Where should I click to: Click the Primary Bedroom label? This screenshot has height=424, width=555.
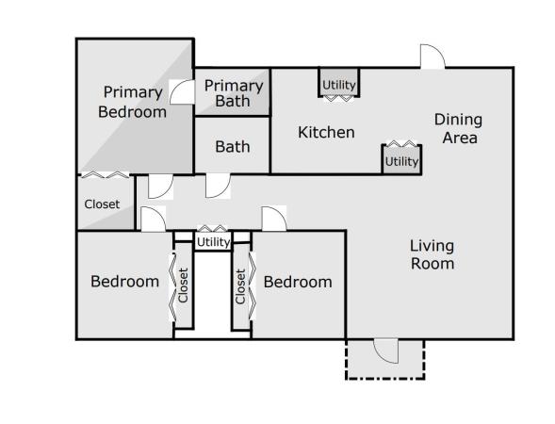[x=132, y=102]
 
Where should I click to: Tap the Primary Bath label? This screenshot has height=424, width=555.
[x=234, y=93]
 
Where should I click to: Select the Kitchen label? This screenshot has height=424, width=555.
[x=326, y=132]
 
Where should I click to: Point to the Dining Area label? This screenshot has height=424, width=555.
[x=458, y=128]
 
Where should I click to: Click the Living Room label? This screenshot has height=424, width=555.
[x=433, y=254]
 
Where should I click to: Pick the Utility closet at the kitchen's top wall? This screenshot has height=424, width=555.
[x=339, y=83]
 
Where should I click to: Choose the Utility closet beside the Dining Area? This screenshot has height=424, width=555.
[x=401, y=159]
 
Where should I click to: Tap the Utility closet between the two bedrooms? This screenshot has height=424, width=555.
[x=213, y=241]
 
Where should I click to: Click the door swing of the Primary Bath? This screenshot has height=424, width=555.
[x=182, y=92]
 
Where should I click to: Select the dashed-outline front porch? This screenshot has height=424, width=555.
[x=385, y=360]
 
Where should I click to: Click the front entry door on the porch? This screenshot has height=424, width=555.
[x=386, y=351]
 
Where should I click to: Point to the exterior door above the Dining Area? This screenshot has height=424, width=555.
[x=433, y=57]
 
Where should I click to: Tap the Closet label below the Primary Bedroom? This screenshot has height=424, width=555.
[x=102, y=204]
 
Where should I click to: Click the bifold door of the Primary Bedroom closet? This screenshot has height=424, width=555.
[x=106, y=174]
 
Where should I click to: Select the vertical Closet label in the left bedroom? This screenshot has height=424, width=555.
[x=183, y=285]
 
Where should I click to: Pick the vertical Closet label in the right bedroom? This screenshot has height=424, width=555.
[x=240, y=286]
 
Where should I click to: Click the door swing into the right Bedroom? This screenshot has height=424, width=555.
[x=274, y=219]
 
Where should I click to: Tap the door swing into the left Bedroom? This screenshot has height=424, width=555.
[x=154, y=219]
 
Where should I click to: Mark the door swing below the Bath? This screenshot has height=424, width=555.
[x=218, y=187]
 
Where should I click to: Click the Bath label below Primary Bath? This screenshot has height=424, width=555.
[x=233, y=147]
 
